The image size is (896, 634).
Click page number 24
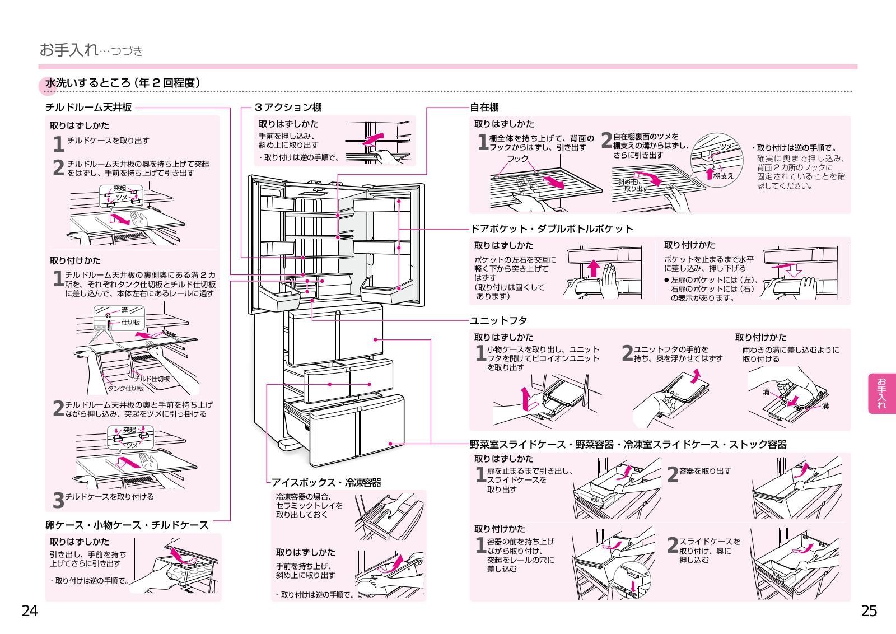pos(30,611)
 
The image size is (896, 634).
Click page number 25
pos(869,611)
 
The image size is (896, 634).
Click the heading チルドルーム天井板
pos(88,107)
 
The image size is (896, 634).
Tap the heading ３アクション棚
pos(288,107)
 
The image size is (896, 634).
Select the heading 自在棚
pos(484,107)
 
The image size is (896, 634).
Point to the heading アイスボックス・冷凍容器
pos(326,482)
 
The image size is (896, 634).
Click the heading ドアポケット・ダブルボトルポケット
pos(552,229)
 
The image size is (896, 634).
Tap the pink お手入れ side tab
pos(881,394)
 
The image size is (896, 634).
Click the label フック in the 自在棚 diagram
pos(518,158)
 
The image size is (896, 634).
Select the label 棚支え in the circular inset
pos(724,176)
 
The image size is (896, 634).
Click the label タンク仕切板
pos(125,388)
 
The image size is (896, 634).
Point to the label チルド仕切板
pos(152,379)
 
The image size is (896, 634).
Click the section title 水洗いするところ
pos(87,83)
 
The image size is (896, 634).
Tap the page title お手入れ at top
pos(69,50)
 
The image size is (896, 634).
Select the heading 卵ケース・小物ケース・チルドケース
pos(127,525)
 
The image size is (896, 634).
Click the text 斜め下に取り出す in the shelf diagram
pos(631,185)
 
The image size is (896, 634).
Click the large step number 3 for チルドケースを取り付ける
pos(58,500)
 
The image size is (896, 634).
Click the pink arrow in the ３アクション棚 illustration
pos(373,139)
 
